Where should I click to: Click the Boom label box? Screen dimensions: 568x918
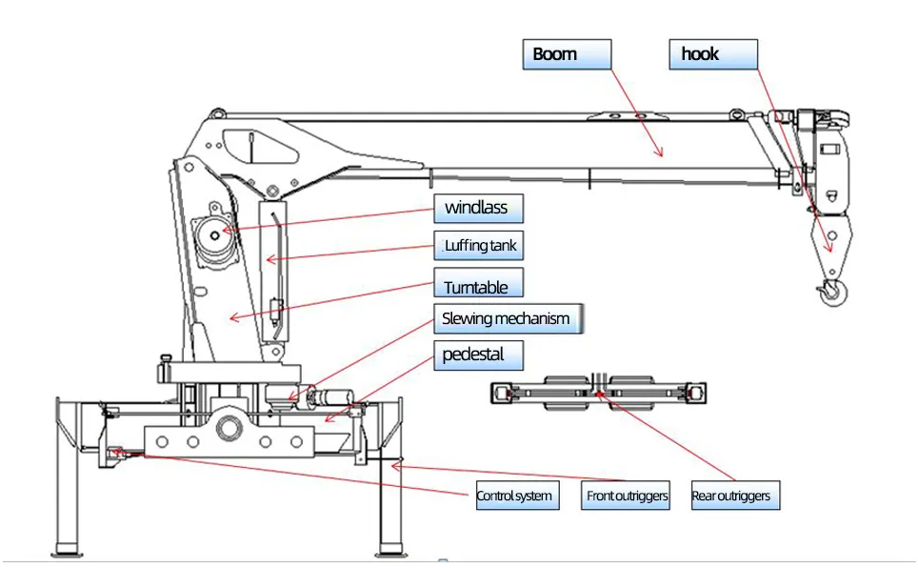click(566, 54)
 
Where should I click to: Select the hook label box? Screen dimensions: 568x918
click(713, 54)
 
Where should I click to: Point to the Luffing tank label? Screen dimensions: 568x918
click(479, 246)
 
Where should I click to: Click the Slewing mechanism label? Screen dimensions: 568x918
click(508, 318)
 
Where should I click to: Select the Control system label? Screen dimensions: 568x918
click(515, 496)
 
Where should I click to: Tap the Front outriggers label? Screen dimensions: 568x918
click(626, 496)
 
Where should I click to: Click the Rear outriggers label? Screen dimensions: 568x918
click(730, 496)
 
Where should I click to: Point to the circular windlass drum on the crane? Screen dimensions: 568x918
click(215, 234)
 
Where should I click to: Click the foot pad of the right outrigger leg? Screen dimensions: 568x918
click(390, 551)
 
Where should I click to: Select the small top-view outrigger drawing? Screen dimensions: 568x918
click(598, 392)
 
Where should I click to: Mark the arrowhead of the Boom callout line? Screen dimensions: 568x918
click(659, 152)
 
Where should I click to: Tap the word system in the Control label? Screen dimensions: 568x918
click(534, 496)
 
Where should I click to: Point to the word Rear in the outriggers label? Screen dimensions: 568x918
click(704, 496)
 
